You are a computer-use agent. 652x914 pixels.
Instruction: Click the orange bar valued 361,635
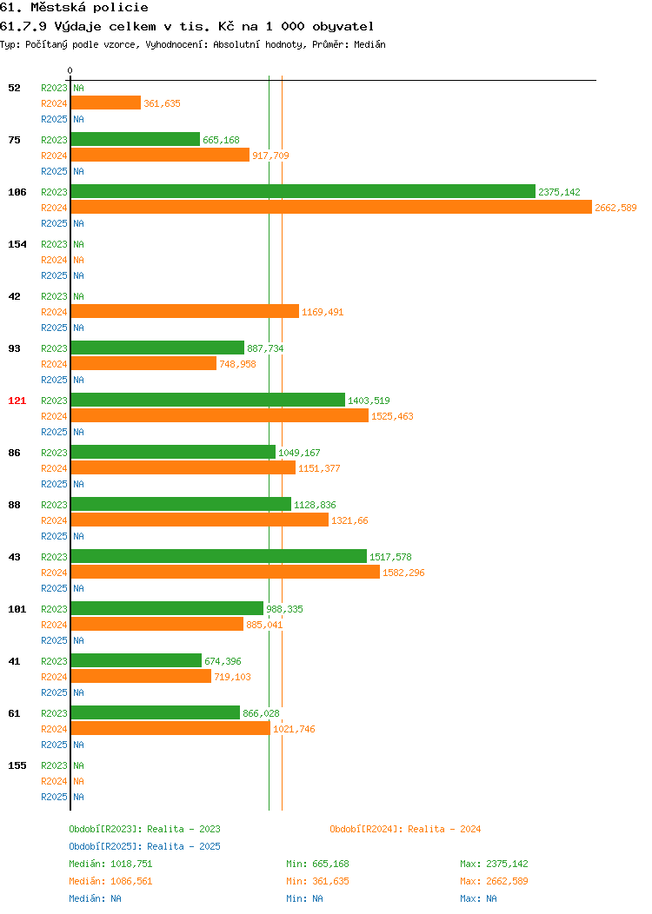coord(106,103)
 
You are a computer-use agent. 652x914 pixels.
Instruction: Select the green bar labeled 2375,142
coord(303,192)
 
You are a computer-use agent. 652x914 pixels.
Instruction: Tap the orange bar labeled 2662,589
coord(331,208)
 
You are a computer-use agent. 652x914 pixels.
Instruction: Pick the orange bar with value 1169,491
coord(185,312)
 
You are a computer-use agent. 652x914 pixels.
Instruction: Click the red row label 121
coord(17,401)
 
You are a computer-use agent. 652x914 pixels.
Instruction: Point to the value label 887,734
coord(265,348)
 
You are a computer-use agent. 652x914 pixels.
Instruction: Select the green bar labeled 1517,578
coord(219,557)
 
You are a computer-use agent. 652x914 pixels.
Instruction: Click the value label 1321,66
coord(350,520)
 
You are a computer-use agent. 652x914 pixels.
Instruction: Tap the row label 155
coord(17,765)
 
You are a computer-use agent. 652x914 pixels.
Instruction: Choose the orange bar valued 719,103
coord(141,677)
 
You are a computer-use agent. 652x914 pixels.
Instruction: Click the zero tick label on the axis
coord(70,70)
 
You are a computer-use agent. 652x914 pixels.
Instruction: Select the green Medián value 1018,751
coord(131,864)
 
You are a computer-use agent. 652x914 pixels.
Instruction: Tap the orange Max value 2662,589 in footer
coord(507,881)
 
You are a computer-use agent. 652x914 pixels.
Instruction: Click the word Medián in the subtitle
coord(369,44)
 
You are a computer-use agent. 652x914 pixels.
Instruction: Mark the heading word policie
coord(121,8)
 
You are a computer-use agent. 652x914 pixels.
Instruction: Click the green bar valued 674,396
coord(136,661)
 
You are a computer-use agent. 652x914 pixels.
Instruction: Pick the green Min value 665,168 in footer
coord(330,864)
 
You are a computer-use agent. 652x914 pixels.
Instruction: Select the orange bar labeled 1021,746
coord(171,729)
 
